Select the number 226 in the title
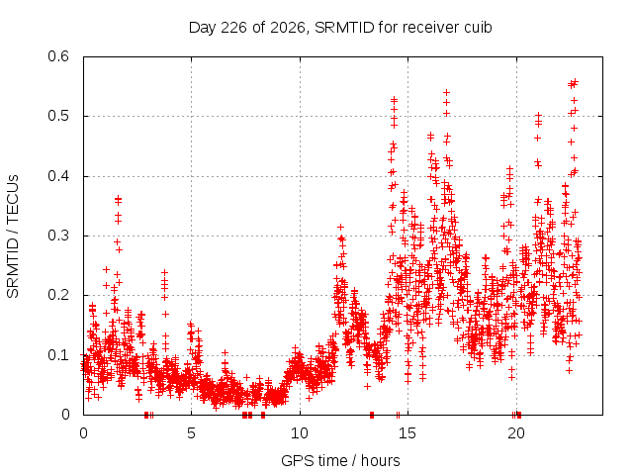coord(233,28)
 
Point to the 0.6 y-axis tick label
coord(58,56)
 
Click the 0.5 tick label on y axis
coord(58,116)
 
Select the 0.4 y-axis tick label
coord(58,176)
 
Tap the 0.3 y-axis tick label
coord(58,236)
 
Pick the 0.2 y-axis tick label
coord(58,295)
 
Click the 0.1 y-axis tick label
coord(58,355)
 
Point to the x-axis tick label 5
coord(191,433)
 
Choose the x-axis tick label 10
coord(300,433)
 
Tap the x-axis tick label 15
coord(407,433)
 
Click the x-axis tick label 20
coord(516,433)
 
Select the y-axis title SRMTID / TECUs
coord(13,237)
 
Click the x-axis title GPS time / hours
coord(340,460)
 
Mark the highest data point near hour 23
coord(576,82)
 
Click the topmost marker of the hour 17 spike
coord(446,93)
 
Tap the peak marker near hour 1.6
coord(118,198)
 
